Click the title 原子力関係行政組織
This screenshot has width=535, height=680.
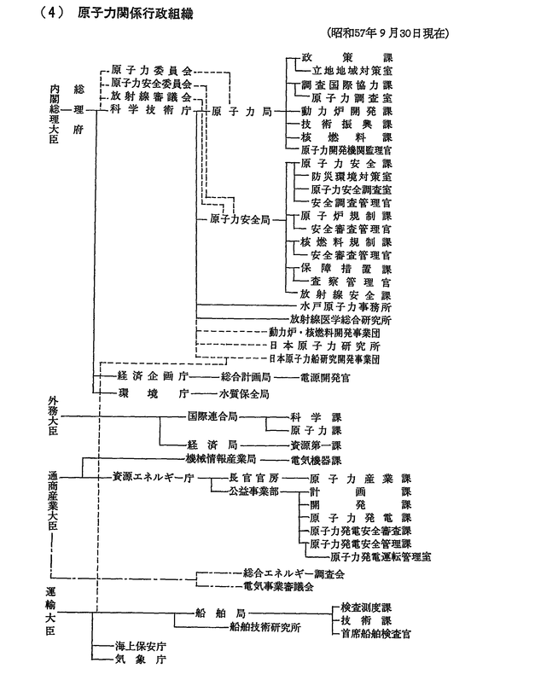tap(136, 14)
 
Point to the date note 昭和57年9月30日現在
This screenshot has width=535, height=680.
tap(388, 33)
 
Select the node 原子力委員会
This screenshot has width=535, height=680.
tap(151, 70)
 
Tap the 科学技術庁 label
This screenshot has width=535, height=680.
tap(151, 110)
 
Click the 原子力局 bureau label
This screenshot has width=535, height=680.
tap(241, 112)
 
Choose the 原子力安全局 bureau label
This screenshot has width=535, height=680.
tap(240, 219)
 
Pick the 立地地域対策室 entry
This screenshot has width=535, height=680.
tap(352, 71)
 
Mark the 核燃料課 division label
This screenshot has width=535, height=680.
tap(346, 137)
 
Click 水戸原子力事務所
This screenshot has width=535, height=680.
tap(346, 307)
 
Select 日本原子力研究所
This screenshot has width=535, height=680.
tap(325, 346)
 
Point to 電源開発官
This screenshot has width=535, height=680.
tap(325, 378)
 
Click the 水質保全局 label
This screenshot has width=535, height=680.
tap(244, 394)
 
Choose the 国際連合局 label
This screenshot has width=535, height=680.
tap(212, 416)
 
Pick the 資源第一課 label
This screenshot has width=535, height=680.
tap(316, 445)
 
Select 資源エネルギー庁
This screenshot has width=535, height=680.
tap(153, 478)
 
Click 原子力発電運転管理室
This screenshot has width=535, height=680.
tap(381, 557)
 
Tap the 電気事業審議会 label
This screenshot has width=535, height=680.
tap(278, 587)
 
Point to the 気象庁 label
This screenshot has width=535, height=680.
tap(141, 660)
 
